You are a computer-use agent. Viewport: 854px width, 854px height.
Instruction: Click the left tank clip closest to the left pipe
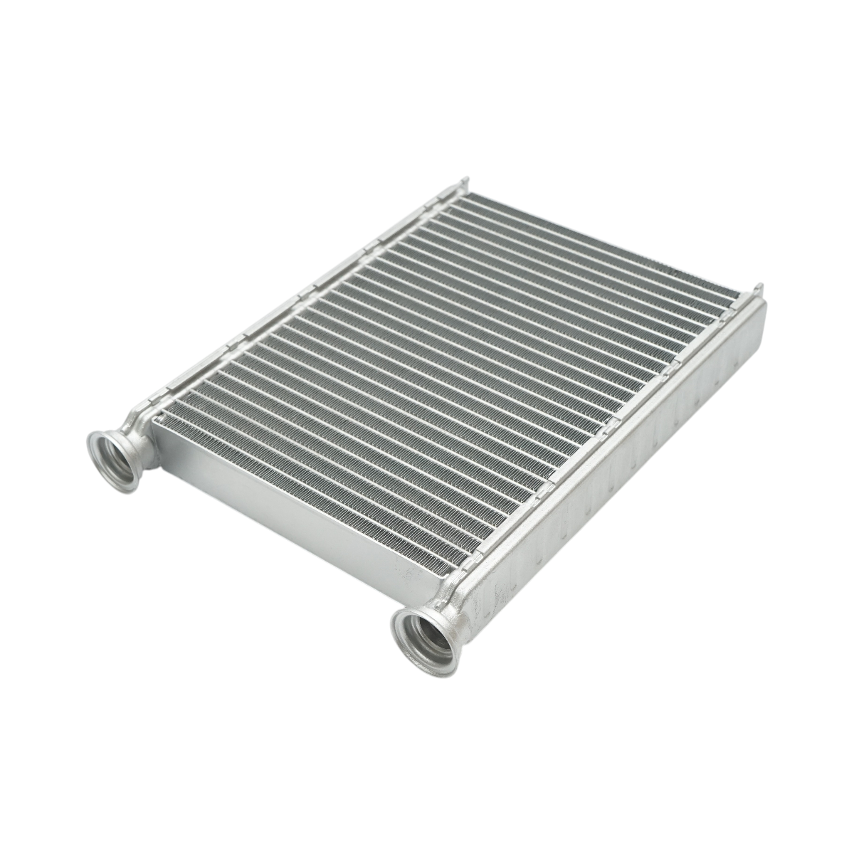(x=171, y=388)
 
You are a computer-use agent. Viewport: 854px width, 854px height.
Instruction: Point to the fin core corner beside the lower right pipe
(x=452, y=569)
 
